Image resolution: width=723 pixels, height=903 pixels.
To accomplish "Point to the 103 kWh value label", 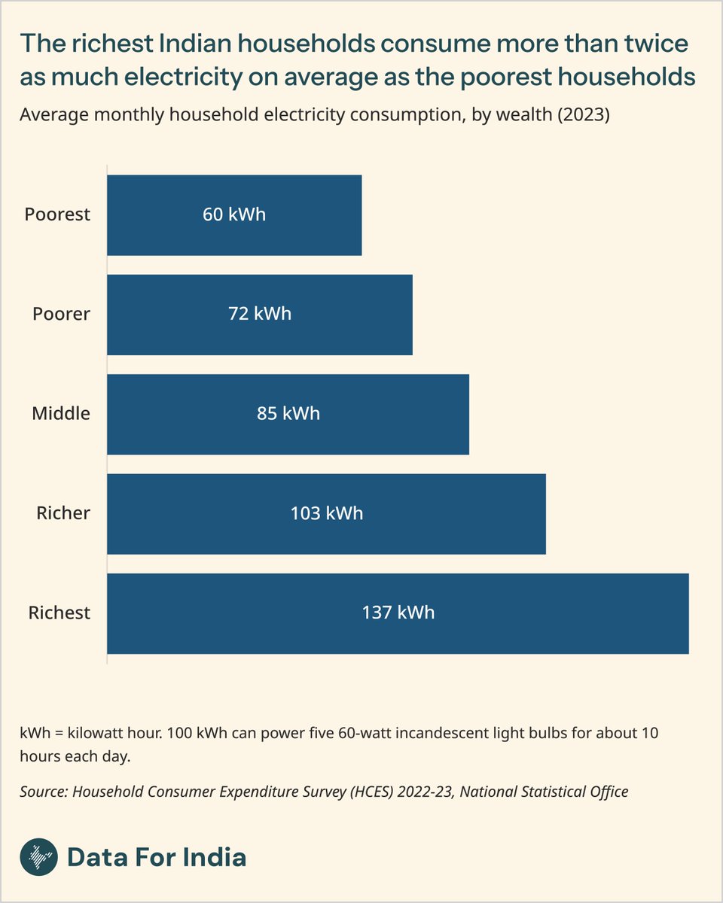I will [326, 514].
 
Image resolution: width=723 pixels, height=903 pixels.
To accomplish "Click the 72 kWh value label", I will [259, 315].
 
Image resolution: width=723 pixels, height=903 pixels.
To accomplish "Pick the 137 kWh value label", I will [398, 613].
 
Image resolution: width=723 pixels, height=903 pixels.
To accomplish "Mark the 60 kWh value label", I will [234, 215].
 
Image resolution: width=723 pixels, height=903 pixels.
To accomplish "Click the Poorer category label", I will [61, 315].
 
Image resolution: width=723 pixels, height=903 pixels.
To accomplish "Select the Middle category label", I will [61, 414].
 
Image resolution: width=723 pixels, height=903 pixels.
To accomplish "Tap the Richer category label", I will [63, 514].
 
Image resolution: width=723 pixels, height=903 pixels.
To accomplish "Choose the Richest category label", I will [59, 613].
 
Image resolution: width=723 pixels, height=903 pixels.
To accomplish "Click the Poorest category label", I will [57, 215].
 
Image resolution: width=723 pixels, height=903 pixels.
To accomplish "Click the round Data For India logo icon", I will [38, 857].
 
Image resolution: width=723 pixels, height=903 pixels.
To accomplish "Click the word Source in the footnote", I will [42, 792].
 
